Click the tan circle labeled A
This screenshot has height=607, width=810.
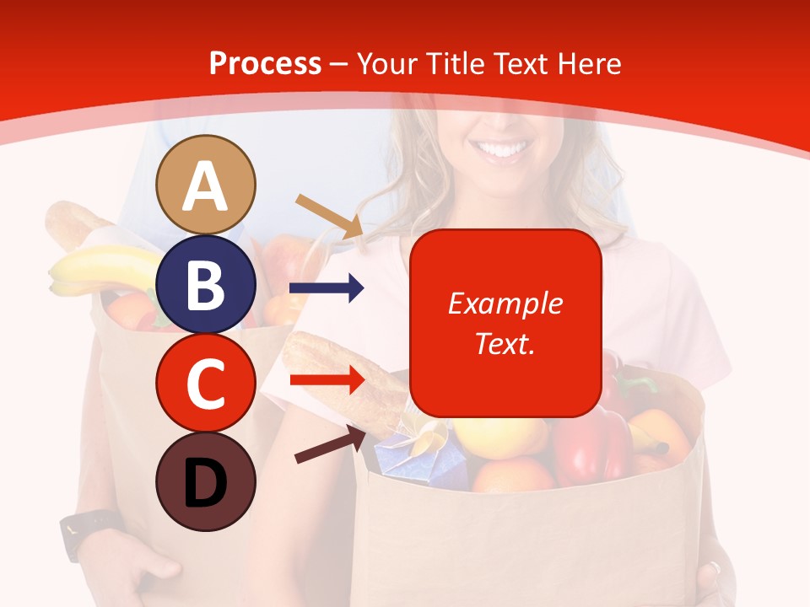tap(206, 185)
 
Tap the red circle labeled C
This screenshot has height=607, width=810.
tap(206, 383)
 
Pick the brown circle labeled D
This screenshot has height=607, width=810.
tap(206, 481)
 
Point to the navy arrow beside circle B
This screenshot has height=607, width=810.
tap(327, 288)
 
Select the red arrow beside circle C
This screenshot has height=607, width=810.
tap(327, 379)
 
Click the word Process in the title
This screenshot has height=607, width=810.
tap(265, 64)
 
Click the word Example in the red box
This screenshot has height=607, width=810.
tap(505, 303)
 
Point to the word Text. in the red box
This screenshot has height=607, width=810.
tap(505, 343)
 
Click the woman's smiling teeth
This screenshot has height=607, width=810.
tap(505, 153)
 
